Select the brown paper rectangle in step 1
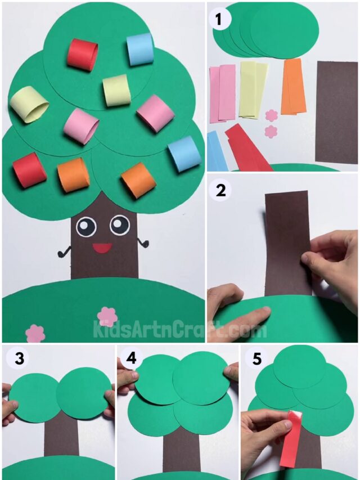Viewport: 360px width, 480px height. [x=336, y=112]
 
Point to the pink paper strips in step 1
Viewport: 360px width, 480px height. [x=222, y=93]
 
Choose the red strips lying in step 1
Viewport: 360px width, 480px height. [x=247, y=147]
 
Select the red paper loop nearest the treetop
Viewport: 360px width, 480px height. [x=83, y=55]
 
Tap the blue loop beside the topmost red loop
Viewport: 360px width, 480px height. [x=140, y=50]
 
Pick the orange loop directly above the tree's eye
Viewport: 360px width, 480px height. [x=138, y=180]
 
